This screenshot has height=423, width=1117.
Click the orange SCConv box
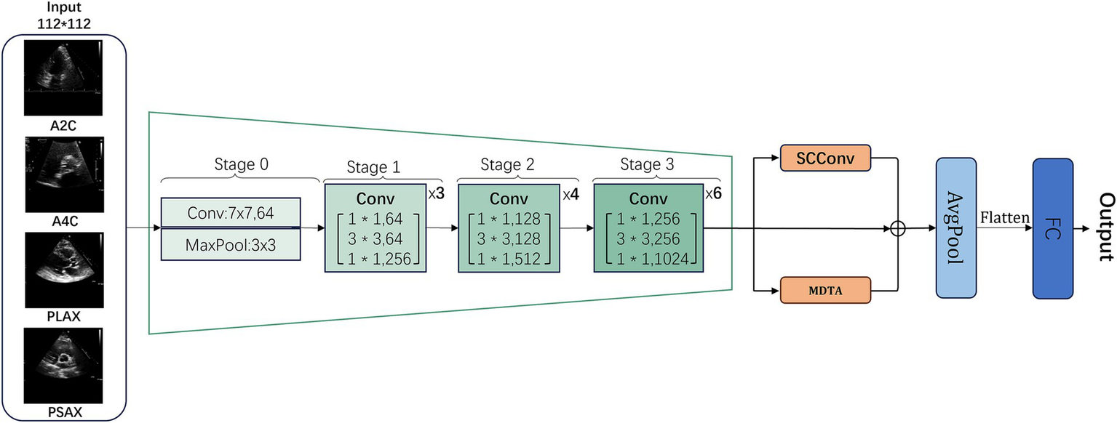[825, 156]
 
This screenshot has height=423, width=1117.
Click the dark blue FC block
[1052, 229]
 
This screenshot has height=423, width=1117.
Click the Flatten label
[1004, 217]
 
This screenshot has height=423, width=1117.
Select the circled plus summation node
[898, 229]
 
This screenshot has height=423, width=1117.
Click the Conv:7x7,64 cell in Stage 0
[230, 213]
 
